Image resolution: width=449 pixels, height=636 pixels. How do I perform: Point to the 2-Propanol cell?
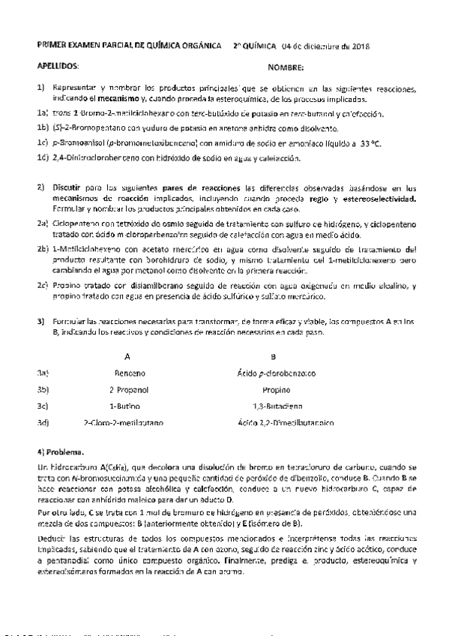coord(128,390)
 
